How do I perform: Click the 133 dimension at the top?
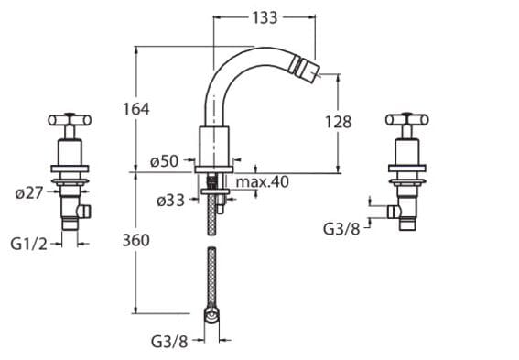(265, 18)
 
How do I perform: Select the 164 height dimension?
(136, 109)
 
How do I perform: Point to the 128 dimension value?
(338, 122)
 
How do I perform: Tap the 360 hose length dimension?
(135, 240)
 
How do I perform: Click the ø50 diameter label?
(164, 161)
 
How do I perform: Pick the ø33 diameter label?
(170, 201)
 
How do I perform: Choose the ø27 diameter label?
(29, 192)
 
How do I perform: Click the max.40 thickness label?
(263, 181)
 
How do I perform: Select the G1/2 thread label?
(29, 245)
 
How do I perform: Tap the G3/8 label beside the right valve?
(341, 228)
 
